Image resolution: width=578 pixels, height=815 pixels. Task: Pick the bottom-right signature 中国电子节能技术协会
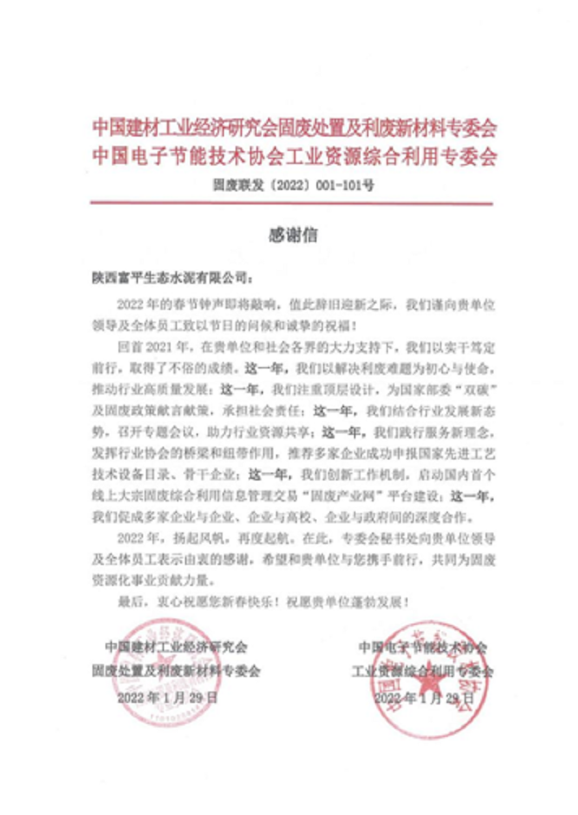click(423, 644)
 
